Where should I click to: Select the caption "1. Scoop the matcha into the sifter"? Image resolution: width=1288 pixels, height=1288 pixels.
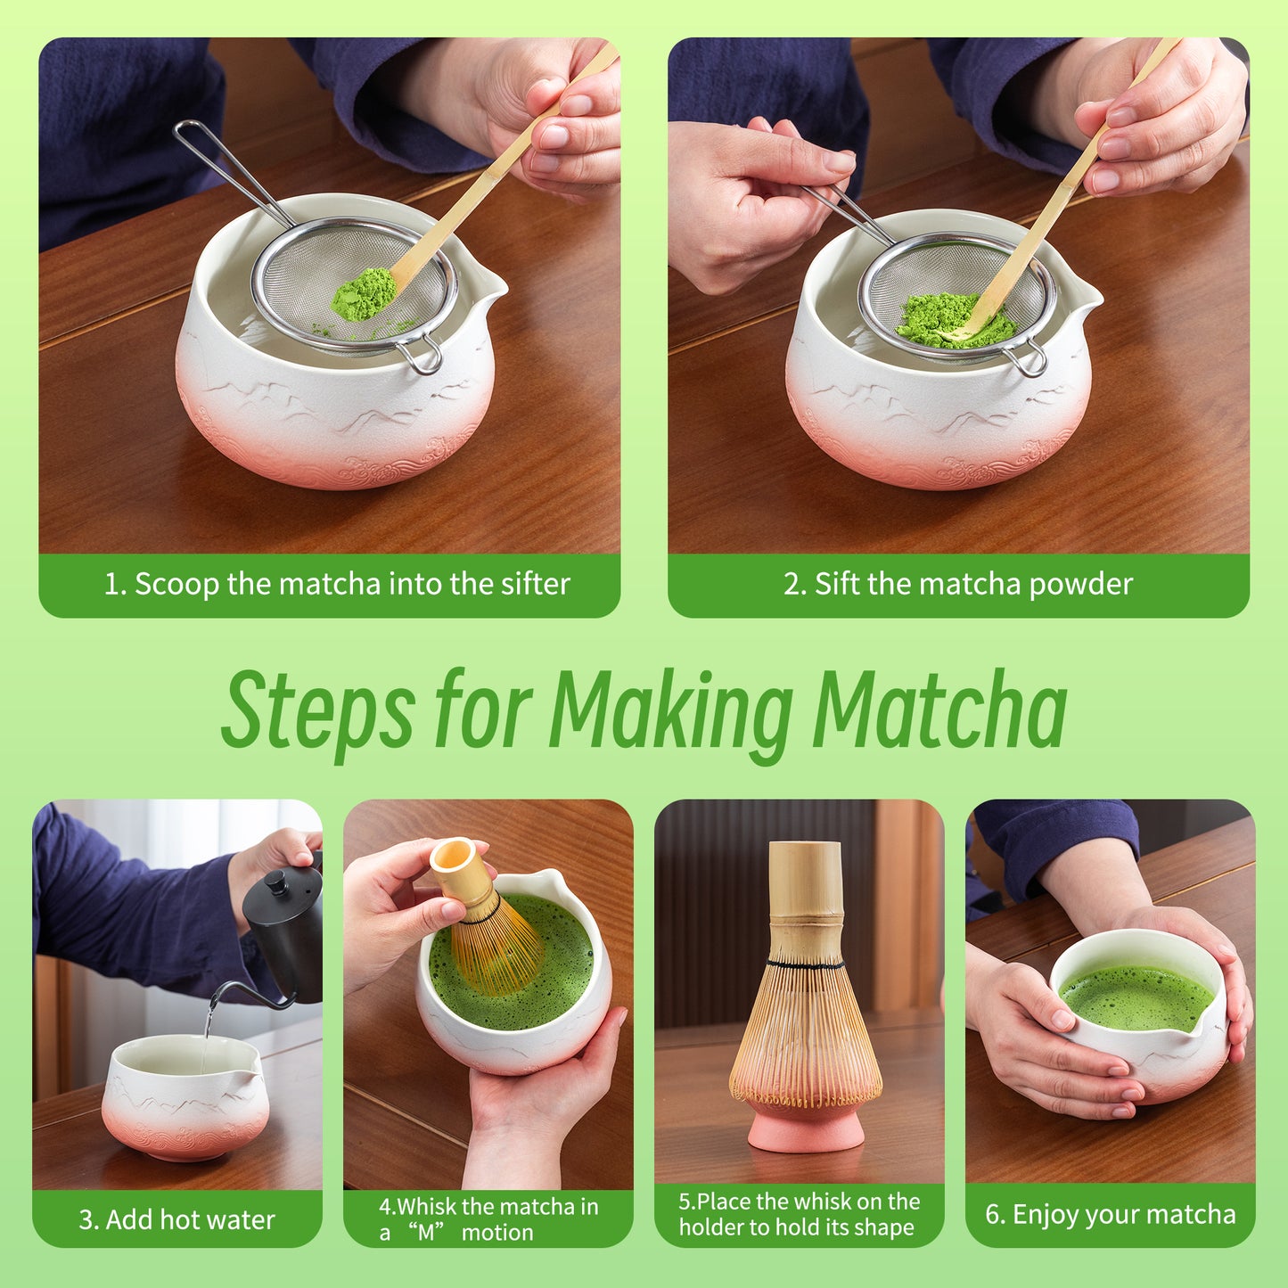click(x=337, y=585)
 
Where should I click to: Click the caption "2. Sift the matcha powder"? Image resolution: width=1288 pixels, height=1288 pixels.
click(x=958, y=585)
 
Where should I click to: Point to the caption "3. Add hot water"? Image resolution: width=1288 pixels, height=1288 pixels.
click(x=176, y=1219)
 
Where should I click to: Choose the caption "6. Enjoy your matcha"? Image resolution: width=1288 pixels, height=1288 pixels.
click(x=1110, y=1215)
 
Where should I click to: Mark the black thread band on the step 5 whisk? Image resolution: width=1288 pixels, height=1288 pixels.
click(x=805, y=965)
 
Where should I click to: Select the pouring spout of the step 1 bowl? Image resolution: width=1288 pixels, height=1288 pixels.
click(x=490, y=285)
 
